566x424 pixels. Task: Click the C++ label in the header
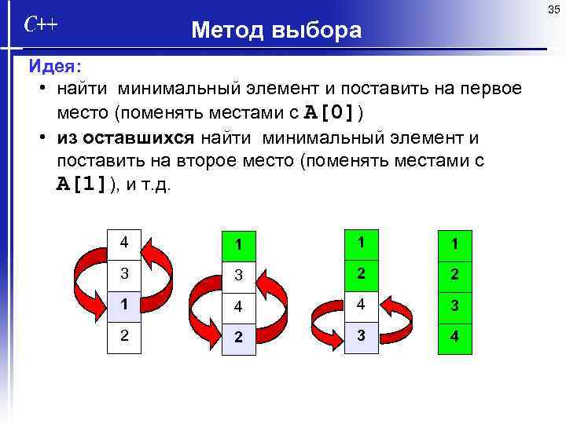pos(40,25)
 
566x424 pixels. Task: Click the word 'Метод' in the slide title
pos(227,31)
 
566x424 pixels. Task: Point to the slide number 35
pos(553,9)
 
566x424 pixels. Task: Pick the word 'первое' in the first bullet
pos(487,87)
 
